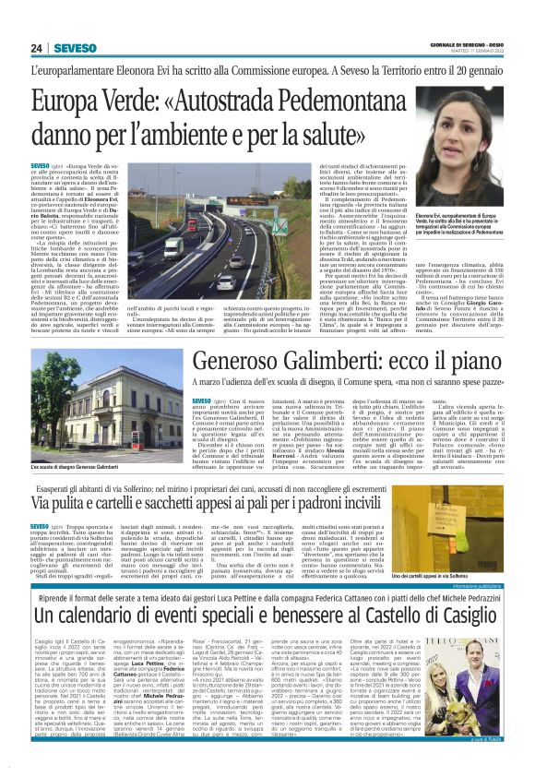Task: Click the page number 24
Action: pos(37,48)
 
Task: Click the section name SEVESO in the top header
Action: pos(70,48)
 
